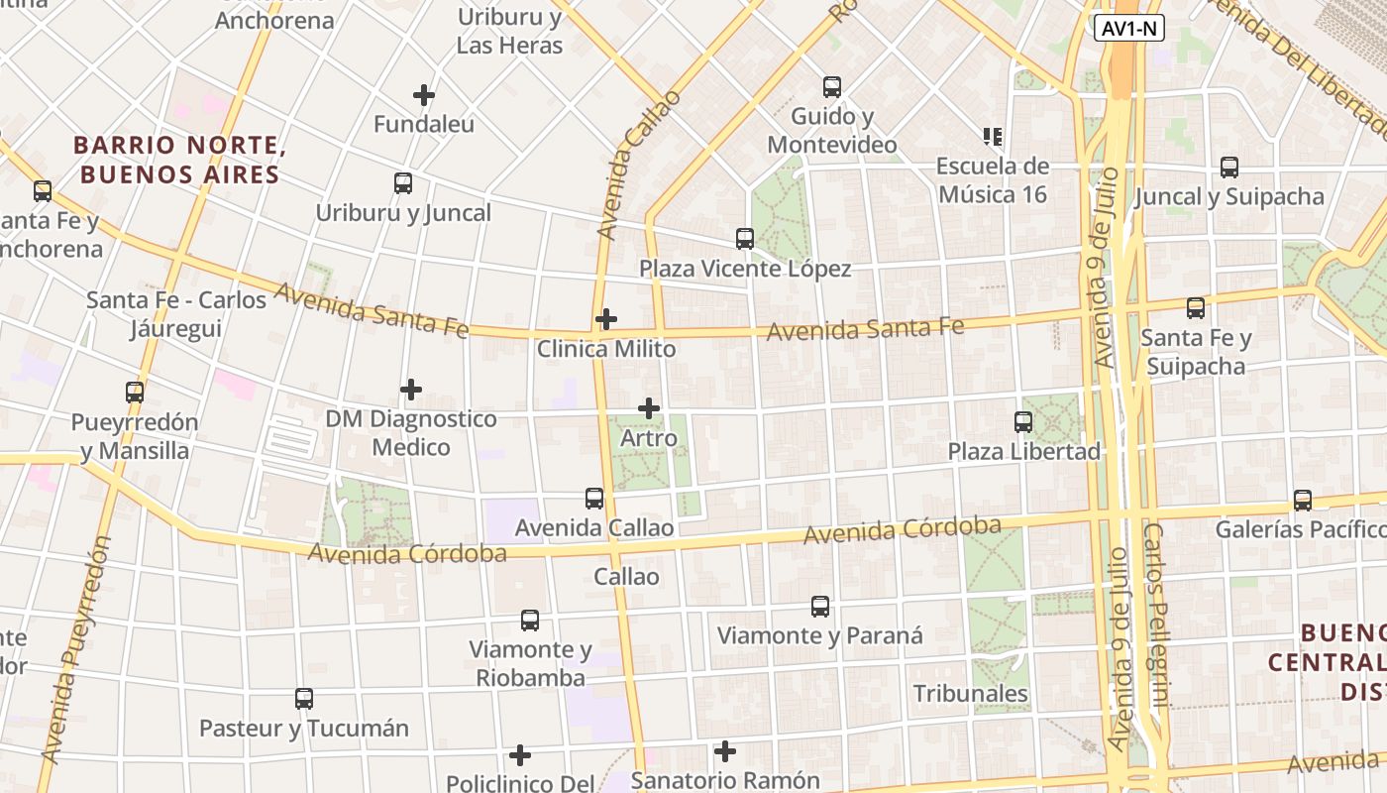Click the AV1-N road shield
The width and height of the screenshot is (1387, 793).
(1129, 29)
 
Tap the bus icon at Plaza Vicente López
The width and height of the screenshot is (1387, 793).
(745, 239)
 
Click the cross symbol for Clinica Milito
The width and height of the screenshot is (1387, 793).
(606, 319)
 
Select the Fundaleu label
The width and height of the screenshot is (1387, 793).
(423, 125)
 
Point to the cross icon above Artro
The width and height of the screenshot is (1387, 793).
(649, 408)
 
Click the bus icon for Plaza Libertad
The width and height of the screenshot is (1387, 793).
(1023, 422)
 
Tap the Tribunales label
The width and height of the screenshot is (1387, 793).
(970, 693)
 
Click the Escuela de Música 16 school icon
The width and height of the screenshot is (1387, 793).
(992, 136)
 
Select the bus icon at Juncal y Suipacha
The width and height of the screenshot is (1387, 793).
(1229, 168)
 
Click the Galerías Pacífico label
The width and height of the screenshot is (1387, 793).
(1300, 529)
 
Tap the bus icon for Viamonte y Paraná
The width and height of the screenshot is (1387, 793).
(820, 607)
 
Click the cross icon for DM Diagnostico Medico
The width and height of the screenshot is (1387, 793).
(411, 390)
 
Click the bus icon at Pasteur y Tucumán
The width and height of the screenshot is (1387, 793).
(304, 699)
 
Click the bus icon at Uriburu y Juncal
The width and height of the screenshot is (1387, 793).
(403, 183)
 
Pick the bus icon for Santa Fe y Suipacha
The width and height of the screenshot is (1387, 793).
(1196, 308)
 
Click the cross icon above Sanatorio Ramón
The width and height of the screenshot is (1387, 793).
(725, 751)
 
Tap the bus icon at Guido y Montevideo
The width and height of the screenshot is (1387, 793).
(832, 87)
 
